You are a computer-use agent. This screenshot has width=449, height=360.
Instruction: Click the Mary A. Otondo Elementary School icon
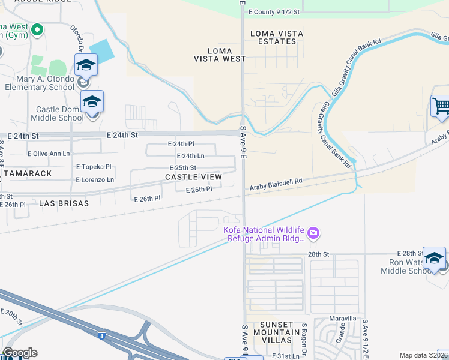pos(86,64)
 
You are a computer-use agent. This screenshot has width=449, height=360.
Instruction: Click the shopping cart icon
pos(441,106)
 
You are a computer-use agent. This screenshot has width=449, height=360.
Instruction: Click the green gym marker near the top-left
pos(38,29)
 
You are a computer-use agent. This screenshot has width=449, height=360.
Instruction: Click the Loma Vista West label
pos(220,55)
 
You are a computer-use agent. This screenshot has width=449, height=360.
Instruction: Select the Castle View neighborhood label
pos(193,177)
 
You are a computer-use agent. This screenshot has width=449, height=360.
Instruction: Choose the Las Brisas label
pos(64,203)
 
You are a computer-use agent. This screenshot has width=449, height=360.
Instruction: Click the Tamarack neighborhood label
pos(27,173)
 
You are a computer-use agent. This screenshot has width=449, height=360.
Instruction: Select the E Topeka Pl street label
pos(94,167)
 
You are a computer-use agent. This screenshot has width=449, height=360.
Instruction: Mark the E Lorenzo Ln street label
pos(95,180)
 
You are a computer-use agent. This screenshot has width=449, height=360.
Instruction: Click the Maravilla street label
pos(343,318)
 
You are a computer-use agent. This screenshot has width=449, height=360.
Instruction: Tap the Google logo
pos(20,353)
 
